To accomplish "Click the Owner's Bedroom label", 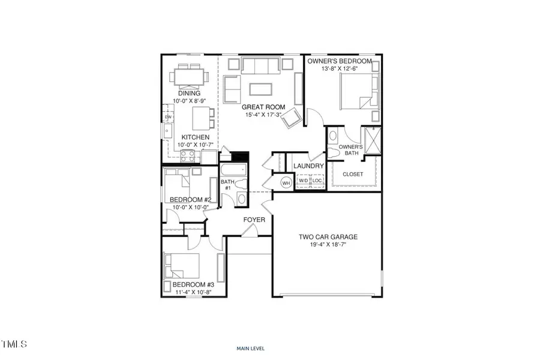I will click(340, 61).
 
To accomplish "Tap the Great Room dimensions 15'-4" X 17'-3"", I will click(263, 115).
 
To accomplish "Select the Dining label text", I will click(188, 93).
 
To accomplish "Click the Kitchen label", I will click(196, 137).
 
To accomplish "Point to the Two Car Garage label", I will click(327, 236).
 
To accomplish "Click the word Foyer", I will click(254, 220).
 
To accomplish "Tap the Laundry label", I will click(309, 166).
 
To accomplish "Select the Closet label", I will click(353, 174).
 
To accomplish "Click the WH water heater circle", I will click(286, 182).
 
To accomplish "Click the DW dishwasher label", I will click(168, 117).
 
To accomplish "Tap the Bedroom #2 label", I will click(190, 200).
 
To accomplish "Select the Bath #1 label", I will click(227, 185).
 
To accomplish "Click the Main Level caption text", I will click(251, 348).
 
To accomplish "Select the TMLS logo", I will click(14, 344).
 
